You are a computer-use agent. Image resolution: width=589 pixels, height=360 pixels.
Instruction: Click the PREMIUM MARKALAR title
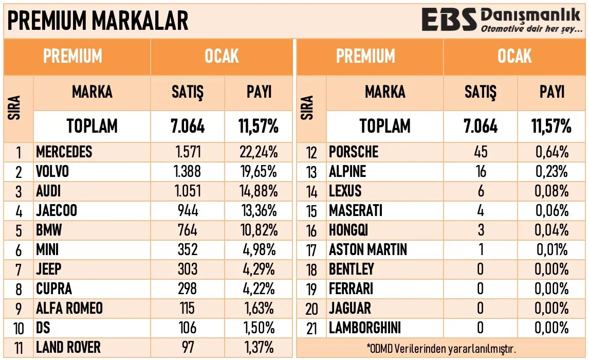click(x=98, y=21)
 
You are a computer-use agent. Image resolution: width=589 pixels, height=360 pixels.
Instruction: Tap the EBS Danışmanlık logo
click(x=501, y=21)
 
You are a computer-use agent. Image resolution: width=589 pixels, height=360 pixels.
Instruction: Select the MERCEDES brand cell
click(x=64, y=152)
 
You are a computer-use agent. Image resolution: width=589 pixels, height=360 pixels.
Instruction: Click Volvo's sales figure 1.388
click(x=187, y=171)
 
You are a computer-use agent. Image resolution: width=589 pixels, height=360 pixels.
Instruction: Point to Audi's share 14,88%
click(x=259, y=191)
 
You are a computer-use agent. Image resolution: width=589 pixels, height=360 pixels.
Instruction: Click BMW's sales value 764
click(x=187, y=230)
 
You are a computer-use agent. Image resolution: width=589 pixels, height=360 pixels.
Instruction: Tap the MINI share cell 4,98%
click(x=259, y=249)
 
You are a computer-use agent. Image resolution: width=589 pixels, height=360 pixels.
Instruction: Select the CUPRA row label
click(x=54, y=289)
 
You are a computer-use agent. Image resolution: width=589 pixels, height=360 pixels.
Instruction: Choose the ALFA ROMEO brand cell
click(x=69, y=308)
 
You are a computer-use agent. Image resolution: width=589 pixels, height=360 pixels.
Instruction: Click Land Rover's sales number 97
click(x=187, y=347)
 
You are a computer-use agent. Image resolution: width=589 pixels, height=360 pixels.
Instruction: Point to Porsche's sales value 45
click(x=480, y=152)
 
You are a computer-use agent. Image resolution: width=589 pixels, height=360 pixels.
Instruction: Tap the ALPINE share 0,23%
click(x=552, y=171)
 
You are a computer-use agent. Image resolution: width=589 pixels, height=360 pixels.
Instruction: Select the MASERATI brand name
click(x=356, y=210)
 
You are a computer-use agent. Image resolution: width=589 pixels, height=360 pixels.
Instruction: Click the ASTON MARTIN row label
click(x=368, y=249)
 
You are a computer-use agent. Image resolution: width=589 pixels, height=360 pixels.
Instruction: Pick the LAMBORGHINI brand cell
click(x=365, y=328)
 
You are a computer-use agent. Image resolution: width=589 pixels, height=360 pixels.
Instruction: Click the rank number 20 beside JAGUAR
click(x=312, y=309)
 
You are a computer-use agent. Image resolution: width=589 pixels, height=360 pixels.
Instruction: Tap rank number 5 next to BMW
click(x=19, y=230)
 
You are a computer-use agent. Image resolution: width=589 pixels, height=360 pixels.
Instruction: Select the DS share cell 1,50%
click(x=259, y=328)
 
